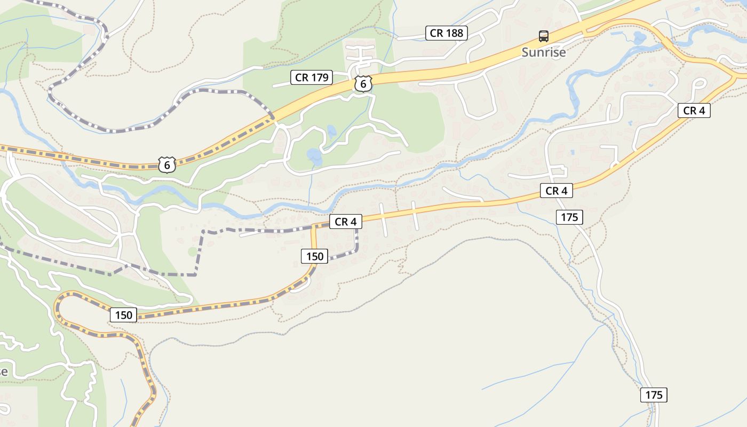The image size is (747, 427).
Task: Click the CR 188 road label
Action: (x=447, y=33)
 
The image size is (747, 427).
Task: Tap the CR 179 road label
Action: (x=312, y=77)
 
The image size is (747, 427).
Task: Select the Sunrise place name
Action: (x=543, y=52)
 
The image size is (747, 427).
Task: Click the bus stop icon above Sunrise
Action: (x=544, y=36)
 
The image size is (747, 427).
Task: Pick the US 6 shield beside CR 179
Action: (x=363, y=84)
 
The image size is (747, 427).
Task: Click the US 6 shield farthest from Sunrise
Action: (x=167, y=165)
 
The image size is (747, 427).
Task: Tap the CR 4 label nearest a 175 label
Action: (x=556, y=191)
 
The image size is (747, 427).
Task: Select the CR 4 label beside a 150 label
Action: (x=345, y=222)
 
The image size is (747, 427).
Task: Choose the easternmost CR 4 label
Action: (x=694, y=110)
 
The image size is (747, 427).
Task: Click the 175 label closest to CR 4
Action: (x=569, y=217)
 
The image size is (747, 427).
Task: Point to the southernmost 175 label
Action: (x=654, y=395)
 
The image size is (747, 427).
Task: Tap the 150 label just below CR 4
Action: (x=315, y=256)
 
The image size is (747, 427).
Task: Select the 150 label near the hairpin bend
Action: (x=123, y=315)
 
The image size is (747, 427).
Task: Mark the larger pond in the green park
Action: (x=315, y=156)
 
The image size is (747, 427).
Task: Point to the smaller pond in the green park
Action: (x=331, y=131)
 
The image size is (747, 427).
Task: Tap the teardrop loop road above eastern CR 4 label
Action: (x=700, y=84)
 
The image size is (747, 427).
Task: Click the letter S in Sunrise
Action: (x=526, y=52)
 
